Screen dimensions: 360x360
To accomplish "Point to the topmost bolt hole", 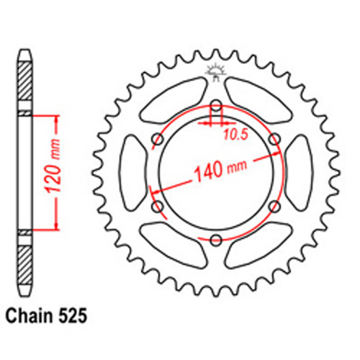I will [215, 105].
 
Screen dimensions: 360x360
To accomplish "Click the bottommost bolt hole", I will [215, 238].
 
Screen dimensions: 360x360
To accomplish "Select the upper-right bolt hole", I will [273, 138].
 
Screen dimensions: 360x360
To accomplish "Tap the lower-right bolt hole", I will [273, 206].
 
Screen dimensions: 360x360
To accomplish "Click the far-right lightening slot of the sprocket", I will [297, 172].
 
